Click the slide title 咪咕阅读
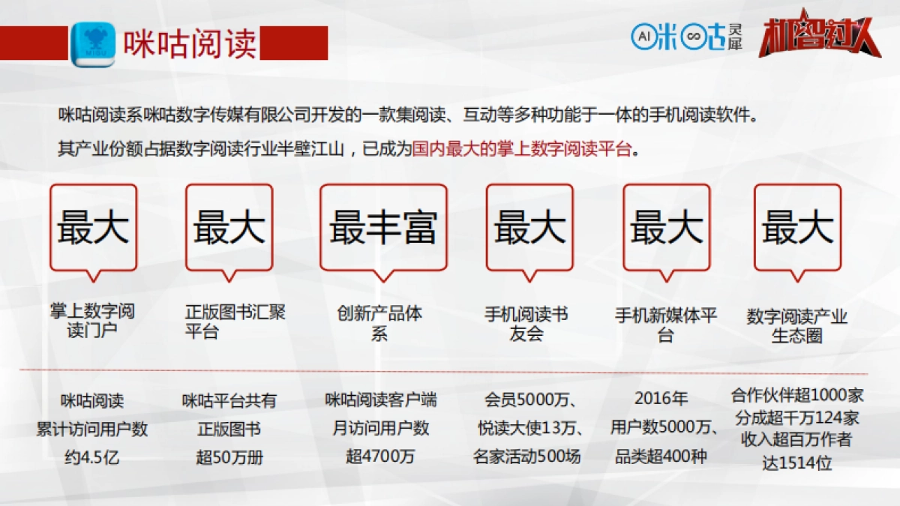point(189,43)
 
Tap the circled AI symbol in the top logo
point(642,34)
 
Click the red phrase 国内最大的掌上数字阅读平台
point(523,148)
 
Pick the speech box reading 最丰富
point(382,227)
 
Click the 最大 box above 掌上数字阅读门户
point(93,227)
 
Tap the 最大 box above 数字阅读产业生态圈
point(797,227)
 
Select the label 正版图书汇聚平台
point(235,322)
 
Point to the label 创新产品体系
point(379,323)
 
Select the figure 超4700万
point(380,456)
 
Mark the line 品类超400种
point(661,456)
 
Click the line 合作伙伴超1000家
point(797,395)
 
